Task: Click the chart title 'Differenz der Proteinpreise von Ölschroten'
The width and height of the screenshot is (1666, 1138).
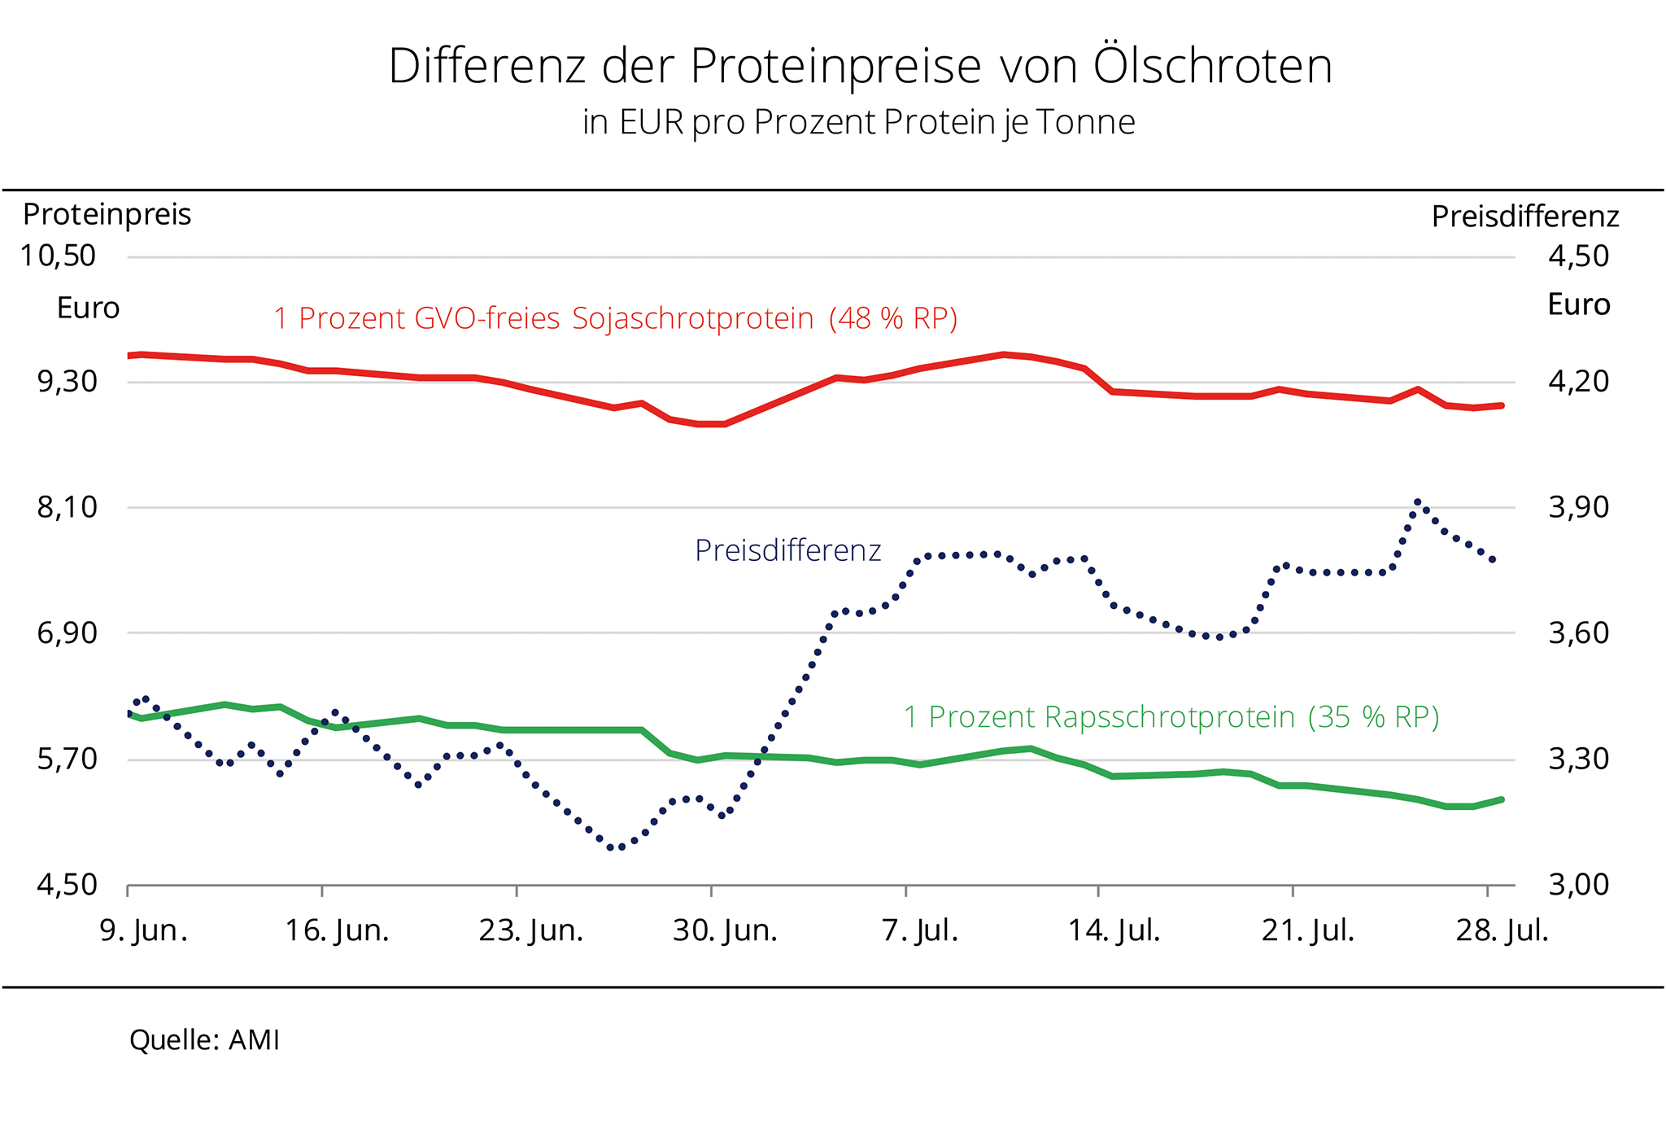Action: [x=860, y=67]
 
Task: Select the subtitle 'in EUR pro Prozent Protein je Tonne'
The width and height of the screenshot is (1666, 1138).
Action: [x=858, y=123]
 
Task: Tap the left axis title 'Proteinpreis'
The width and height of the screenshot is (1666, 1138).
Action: [x=107, y=215]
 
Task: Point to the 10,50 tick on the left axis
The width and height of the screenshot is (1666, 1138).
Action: [x=58, y=256]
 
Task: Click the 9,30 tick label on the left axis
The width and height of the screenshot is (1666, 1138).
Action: [x=67, y=381]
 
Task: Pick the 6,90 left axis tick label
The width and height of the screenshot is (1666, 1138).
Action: [x=67, y=633]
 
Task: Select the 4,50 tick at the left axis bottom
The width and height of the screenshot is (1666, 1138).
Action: [x=67, y=885]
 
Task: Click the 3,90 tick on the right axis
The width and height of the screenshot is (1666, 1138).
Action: [x=1578, y=508]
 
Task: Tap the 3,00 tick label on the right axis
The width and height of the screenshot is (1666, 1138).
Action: [x=1578, y=885]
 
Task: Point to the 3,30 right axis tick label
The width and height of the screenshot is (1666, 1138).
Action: [x=1578, y=759]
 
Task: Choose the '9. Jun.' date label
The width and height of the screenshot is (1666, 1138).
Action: [x=143, y=930]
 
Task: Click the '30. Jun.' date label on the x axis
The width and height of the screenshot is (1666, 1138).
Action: [x=725, y=930]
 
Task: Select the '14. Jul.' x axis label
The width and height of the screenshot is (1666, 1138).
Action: [x=1114, y=930]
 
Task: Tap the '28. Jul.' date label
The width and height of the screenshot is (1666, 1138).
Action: [x=1502, y=930]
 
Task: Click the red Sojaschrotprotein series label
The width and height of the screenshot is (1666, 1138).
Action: [x=615, y=318]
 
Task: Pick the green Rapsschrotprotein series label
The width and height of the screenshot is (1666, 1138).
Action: [x=1171, y=717]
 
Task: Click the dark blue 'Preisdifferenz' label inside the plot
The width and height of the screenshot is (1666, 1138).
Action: [x=787, y=551]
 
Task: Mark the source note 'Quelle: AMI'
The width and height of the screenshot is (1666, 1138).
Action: [x=204, y=1040]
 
